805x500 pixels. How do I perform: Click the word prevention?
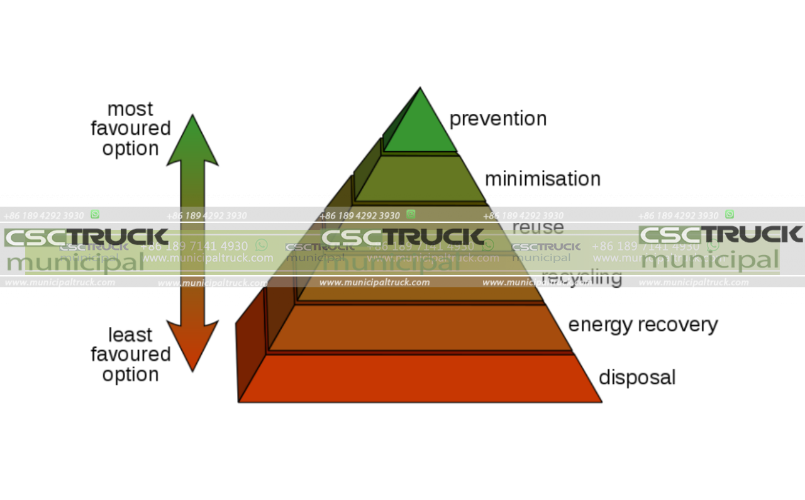497,119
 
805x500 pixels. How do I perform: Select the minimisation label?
542,179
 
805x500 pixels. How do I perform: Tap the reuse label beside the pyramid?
538,227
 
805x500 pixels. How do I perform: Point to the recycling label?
581,277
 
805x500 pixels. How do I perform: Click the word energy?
601,326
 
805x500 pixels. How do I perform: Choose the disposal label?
637,377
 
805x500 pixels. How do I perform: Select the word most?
130,109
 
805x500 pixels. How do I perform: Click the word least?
130,334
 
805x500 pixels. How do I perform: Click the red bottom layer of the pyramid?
420,378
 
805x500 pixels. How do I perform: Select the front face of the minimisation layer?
420,179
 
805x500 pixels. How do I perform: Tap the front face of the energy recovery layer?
420,327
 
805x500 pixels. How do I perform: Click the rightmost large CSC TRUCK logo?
721,235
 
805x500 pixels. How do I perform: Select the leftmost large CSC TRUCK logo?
86,237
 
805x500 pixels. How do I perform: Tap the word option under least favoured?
130,375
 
